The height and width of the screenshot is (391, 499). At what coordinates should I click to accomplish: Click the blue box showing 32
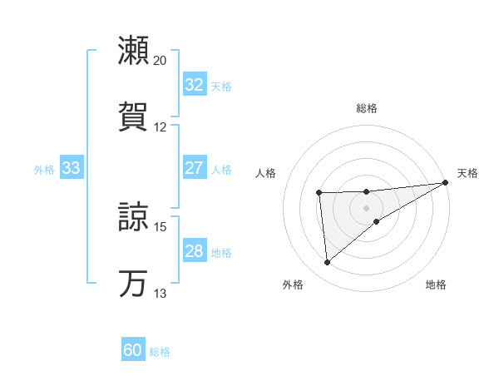[x=194, y=85]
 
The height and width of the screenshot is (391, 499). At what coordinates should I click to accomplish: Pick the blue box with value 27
[x=194, y=168]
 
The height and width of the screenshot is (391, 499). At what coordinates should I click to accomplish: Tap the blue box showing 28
[x=194, y=252]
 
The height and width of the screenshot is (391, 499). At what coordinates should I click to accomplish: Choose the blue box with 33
[x=71, y=168]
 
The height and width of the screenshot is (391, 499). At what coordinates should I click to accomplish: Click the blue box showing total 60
[x=133, y=350]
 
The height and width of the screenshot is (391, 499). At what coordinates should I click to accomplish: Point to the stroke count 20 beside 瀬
[x=161, y=61]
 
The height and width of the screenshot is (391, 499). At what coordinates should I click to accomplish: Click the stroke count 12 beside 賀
[x=161, y=127]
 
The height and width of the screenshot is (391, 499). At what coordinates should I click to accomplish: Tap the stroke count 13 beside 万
[x=161, y=294]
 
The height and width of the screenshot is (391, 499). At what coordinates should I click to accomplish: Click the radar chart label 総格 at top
[x=367, y=108]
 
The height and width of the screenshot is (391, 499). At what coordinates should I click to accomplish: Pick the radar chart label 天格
[x=467, y=173]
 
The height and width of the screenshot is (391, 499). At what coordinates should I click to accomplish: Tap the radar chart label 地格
[x=436, y=285]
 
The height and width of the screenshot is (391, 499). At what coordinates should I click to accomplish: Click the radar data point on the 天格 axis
[x=447, y=182]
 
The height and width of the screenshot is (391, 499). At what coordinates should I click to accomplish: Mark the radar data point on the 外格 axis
[x=327, y=262]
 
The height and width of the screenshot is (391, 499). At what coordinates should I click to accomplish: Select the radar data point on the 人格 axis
[x=319, y=193]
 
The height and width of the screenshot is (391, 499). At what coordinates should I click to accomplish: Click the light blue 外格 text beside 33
[x=44, y=169]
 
